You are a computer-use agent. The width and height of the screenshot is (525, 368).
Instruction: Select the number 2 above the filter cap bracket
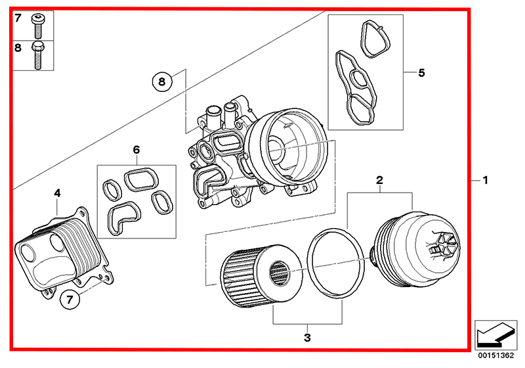tap(379, 179)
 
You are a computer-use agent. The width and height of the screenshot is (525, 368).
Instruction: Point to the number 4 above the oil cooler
tap(57, 193)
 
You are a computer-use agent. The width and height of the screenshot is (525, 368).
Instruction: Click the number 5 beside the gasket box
tap(422, 72)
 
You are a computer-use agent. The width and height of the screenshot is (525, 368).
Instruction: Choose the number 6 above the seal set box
tap(136, 150)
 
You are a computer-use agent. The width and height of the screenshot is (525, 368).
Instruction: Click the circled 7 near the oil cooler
tap(70, 300)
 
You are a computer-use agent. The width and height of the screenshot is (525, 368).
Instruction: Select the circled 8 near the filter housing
tap(163, 82)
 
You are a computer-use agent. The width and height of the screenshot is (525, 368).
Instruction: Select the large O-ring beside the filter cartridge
tap(336, 262)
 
